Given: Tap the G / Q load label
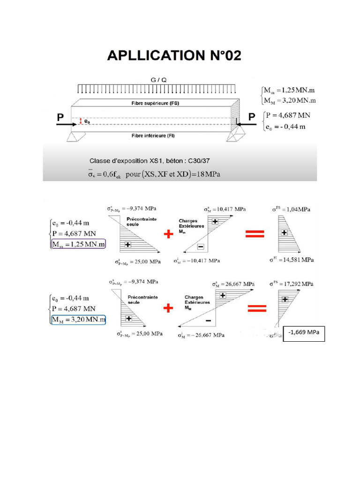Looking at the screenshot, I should (158, 80).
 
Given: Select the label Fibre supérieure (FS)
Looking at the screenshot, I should (155, 103).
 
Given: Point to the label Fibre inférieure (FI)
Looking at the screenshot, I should (155, 135).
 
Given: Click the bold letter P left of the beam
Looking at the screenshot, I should (60, 118).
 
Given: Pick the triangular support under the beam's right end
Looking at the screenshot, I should (232, 135).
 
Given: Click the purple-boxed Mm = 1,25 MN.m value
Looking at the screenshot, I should (79, 244).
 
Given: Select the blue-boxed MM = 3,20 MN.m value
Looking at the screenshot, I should (79, 320).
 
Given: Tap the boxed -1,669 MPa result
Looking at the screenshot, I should (304, 332).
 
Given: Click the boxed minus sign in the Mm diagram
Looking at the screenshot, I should (200, 247).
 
